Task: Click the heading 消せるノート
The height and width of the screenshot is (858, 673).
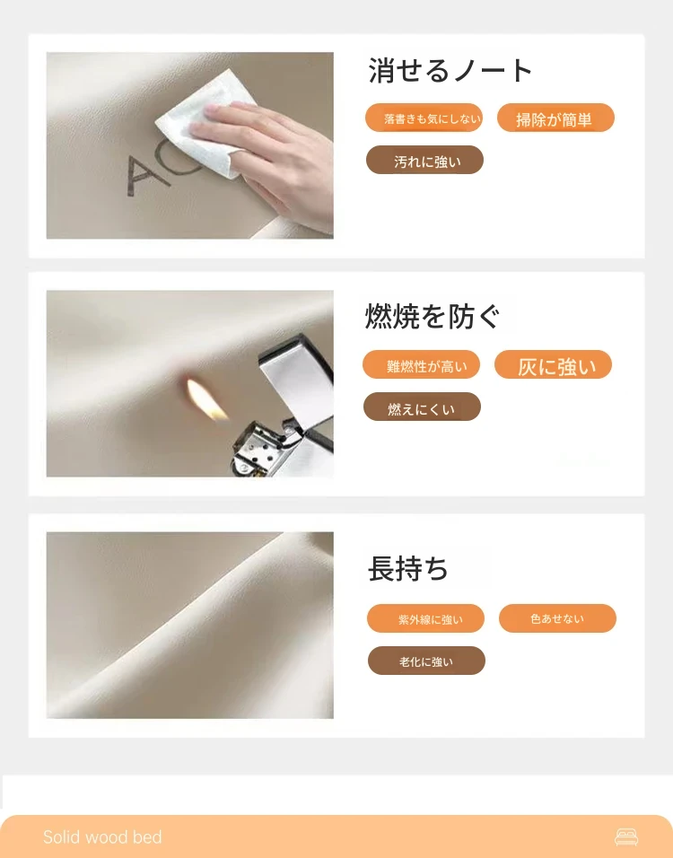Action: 450,71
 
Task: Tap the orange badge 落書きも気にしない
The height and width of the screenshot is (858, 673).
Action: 424,118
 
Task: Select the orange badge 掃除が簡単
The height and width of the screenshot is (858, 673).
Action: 555,118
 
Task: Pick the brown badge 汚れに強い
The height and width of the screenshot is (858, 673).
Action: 424,160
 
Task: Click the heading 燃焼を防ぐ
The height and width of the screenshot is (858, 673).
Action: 433,316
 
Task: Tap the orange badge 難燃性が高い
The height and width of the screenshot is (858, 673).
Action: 422,364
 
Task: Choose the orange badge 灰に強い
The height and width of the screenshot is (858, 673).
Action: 553,364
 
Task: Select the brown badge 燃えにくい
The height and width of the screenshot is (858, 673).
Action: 422,407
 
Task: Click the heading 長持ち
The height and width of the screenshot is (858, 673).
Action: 407,568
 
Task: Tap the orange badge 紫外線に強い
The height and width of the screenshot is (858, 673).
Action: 425,618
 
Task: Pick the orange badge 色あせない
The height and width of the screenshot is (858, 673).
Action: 557,618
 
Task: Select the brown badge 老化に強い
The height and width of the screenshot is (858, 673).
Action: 426,661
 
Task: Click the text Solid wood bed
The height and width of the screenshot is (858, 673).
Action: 102,836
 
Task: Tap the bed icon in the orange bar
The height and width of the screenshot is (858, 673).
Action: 626,836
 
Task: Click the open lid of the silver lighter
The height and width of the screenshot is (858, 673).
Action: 298,378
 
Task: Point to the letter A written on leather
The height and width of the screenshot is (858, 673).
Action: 140,175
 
